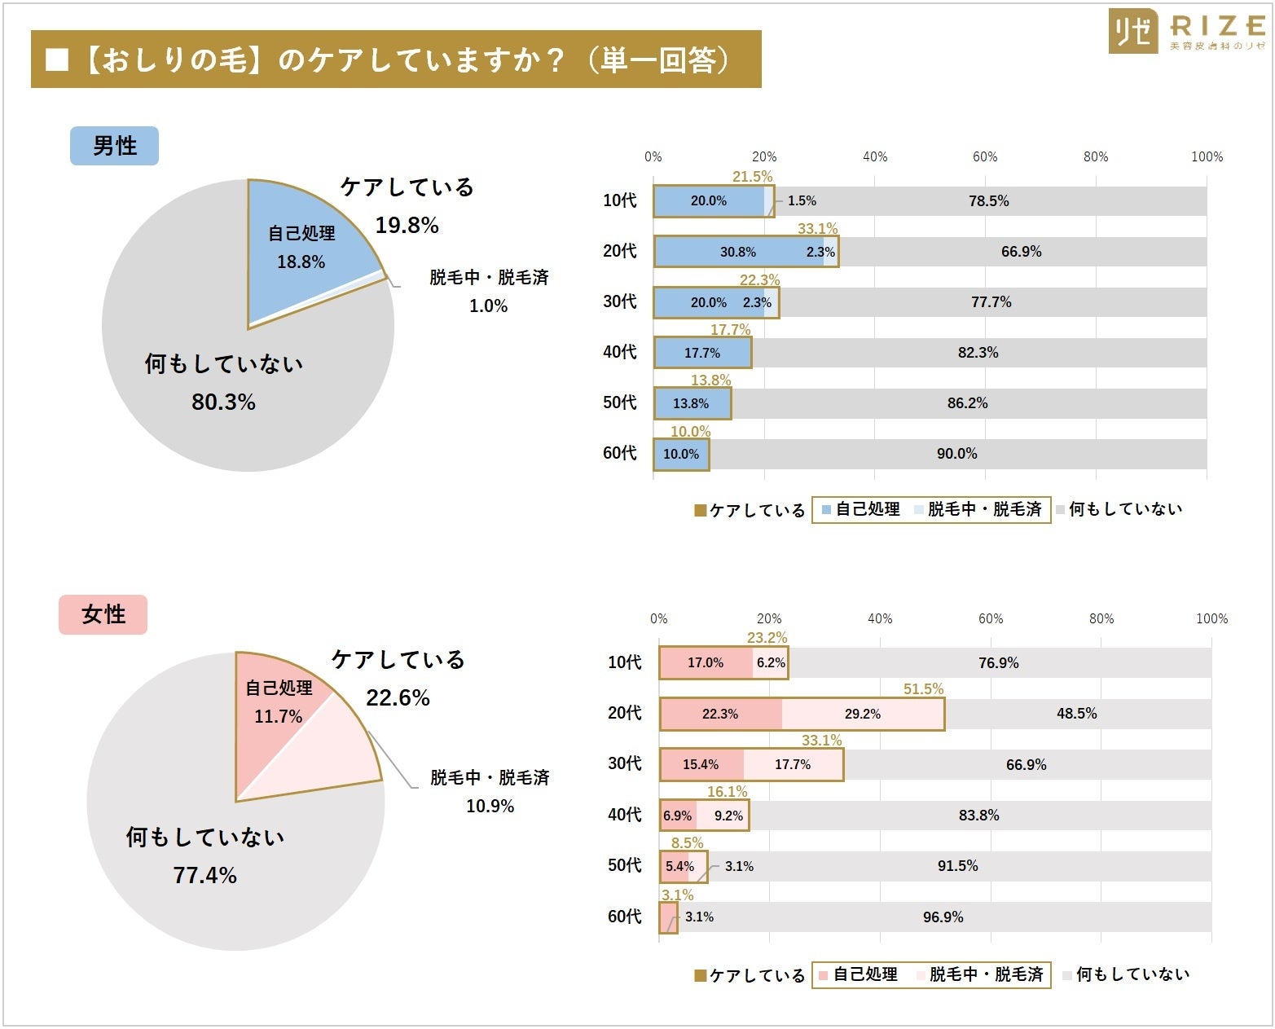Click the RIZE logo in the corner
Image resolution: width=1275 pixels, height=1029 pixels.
[x=1186, y=31]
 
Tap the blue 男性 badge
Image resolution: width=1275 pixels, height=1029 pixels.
[x=114, y=146]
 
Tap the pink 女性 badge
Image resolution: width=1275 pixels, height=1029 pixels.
[x=103, y=614]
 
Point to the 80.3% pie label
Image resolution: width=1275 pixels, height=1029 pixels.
[x=223, y=402]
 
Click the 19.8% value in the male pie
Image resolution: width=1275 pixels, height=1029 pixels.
[x=407, y=225]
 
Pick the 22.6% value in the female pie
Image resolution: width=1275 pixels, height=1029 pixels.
[x=398, y=697]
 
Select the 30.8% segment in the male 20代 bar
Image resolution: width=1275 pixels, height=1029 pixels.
[x=737, y=252]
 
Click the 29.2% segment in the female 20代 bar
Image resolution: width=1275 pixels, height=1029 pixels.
[x=862, y=714]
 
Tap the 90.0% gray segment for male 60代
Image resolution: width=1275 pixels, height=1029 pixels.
[x=956, y=454]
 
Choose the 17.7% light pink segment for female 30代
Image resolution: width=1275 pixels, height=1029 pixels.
[x=793, y=764]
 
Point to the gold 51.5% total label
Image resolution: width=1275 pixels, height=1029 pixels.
[x=923, y=689]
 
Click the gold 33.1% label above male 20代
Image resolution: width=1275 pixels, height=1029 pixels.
[x=817, y=229]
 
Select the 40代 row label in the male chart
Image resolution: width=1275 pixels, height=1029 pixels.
[x=619, y=352]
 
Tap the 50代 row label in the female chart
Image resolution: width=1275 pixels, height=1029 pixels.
[x=624, y=865]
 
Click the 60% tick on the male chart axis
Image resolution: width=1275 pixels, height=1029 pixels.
[x=985, y=156]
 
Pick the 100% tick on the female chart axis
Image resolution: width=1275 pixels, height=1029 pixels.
[x=1211, y=618]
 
